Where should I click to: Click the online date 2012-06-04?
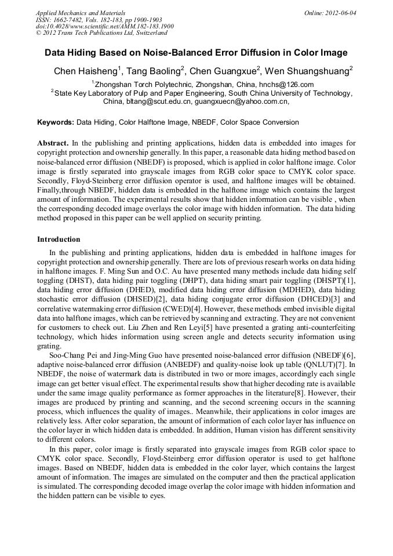point(340,13)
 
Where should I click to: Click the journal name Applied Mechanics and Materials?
point(80,13)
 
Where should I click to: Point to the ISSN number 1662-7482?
point(75,20)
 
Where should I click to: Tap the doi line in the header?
point(104,27)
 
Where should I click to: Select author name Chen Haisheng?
point(85,71)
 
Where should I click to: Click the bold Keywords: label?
point(56,122)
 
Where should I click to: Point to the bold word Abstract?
point(53,143)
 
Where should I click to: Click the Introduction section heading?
point(59,239)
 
